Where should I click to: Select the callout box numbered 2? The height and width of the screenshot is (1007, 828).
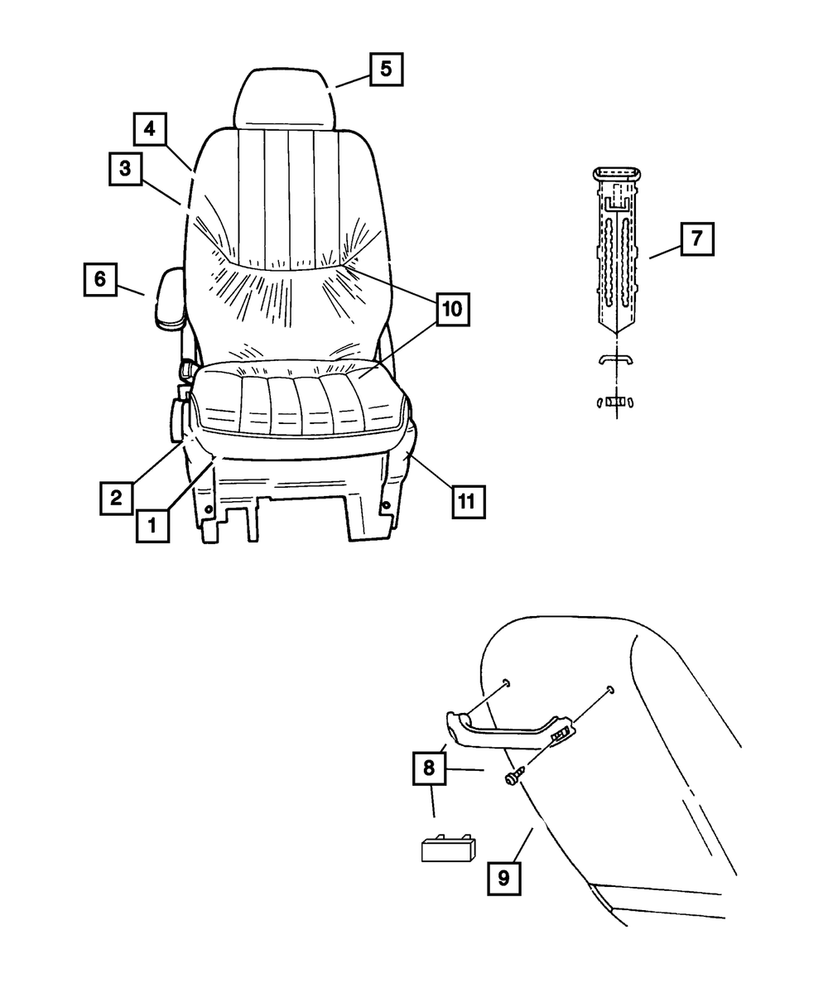pos(117,498)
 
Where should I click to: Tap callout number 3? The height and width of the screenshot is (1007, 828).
pos(124,169)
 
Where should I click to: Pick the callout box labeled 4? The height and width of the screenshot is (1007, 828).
pos(150,128)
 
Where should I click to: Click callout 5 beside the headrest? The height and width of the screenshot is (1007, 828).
pos(386,70)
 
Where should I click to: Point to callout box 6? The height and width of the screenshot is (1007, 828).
pos(99,279)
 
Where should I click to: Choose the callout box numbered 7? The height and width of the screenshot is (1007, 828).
pos(696,238)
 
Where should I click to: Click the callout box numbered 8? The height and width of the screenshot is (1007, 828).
pos(429,768)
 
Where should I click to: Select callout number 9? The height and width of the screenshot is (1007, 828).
pos(504,877)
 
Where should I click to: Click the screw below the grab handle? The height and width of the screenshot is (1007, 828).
pos(513,777)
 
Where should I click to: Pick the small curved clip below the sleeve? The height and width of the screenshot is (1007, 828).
pos(617,359)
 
